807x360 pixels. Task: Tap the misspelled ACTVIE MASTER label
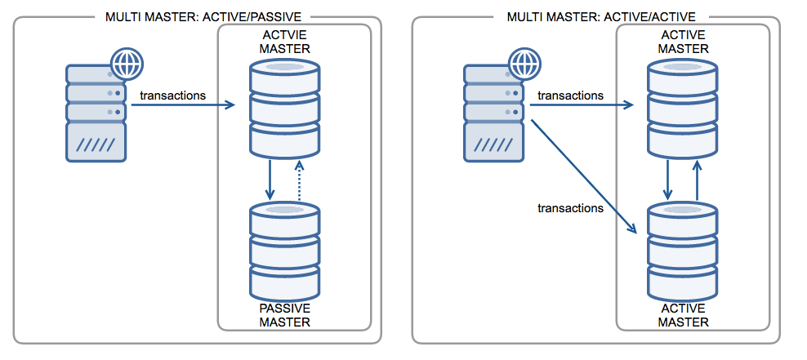tap(285, 43)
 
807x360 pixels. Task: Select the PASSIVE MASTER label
tap(285, 315)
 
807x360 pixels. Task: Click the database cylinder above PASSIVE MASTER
tap(285, 254)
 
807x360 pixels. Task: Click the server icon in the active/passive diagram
tap(96, 114)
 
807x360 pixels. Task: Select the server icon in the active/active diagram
tap(493, 114)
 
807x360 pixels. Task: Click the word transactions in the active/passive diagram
tap(172, 96)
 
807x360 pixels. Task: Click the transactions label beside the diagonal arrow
tap(570, 208)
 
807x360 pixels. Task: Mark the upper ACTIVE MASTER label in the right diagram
tap(684, 43)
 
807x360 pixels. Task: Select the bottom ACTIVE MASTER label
tap(684, 315)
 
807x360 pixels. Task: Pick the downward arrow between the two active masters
tap(669, 180)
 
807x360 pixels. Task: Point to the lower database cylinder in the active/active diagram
tap(684, 254)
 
